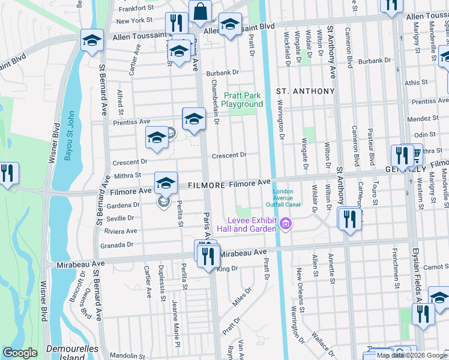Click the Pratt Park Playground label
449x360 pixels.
pyautogui.click(x=244, y=100)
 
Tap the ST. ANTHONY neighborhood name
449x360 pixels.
pyautogui.click(x=305, y=91)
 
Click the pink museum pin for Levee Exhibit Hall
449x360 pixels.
pyautogui.click(x=286, y=226)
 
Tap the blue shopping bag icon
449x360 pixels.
pyautogui.click(x=199, y=11)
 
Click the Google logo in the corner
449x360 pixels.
pyautogui.click(x=20, y=353)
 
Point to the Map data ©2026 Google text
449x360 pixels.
pyautogui.click(x=412, y=355)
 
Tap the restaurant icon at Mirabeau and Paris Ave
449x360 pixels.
pyautogui.click(x=208, y=256)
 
